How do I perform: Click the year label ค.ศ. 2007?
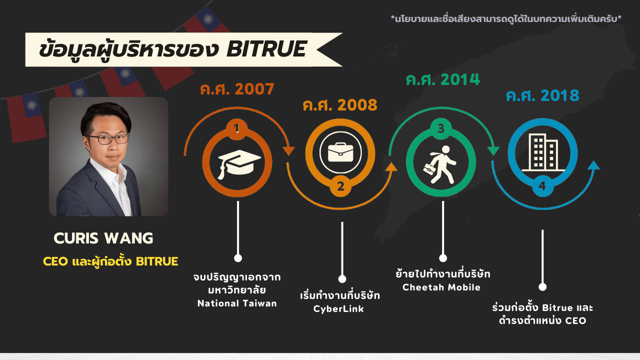click(x=237, y=89)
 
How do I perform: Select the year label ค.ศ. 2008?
click(x=340, y=105)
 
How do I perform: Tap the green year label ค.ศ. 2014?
click(x=443, y=79)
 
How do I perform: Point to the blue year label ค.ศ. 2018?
click(x=542, y=95)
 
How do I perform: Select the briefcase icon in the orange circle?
click(x=340, y=152)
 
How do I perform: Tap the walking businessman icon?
click(x=440, y=165)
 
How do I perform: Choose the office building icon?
click(x=543, y=152)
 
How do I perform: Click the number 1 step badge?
click(x=237, y=129)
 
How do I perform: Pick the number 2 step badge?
click(x=340, y=186)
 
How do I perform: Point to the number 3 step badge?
click(x=441, y=128)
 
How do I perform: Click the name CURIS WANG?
click(x=103, y=238)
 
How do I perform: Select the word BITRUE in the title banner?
click(x=266, y=49)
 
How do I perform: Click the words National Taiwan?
click(x=237, y=303)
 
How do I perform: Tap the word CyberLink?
click(x=338, y=309)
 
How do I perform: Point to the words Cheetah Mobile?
click(x=441, y=287)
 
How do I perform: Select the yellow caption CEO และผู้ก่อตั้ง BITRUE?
click(x=110, y=261)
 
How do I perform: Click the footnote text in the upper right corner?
click(x=506, y=19)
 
